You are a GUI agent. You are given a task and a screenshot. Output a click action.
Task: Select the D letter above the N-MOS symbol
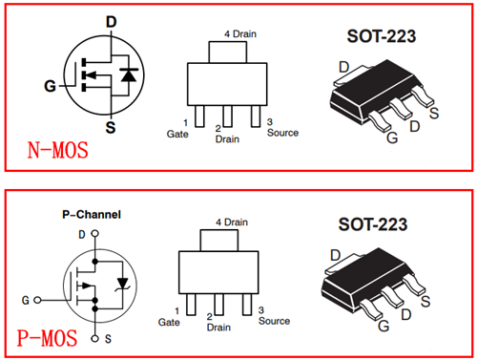(111, 22)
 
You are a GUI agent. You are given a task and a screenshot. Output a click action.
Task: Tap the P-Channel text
(85, 215)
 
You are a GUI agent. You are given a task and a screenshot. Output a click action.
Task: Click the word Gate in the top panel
(176, 135)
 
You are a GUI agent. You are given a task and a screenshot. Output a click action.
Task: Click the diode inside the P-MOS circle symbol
(121, 282)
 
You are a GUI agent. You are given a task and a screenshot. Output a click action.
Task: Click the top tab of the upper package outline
(225, 52)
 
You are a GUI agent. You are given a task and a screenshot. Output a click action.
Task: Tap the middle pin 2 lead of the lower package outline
(219, 302)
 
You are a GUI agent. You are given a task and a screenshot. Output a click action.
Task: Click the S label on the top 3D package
(434, 115)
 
